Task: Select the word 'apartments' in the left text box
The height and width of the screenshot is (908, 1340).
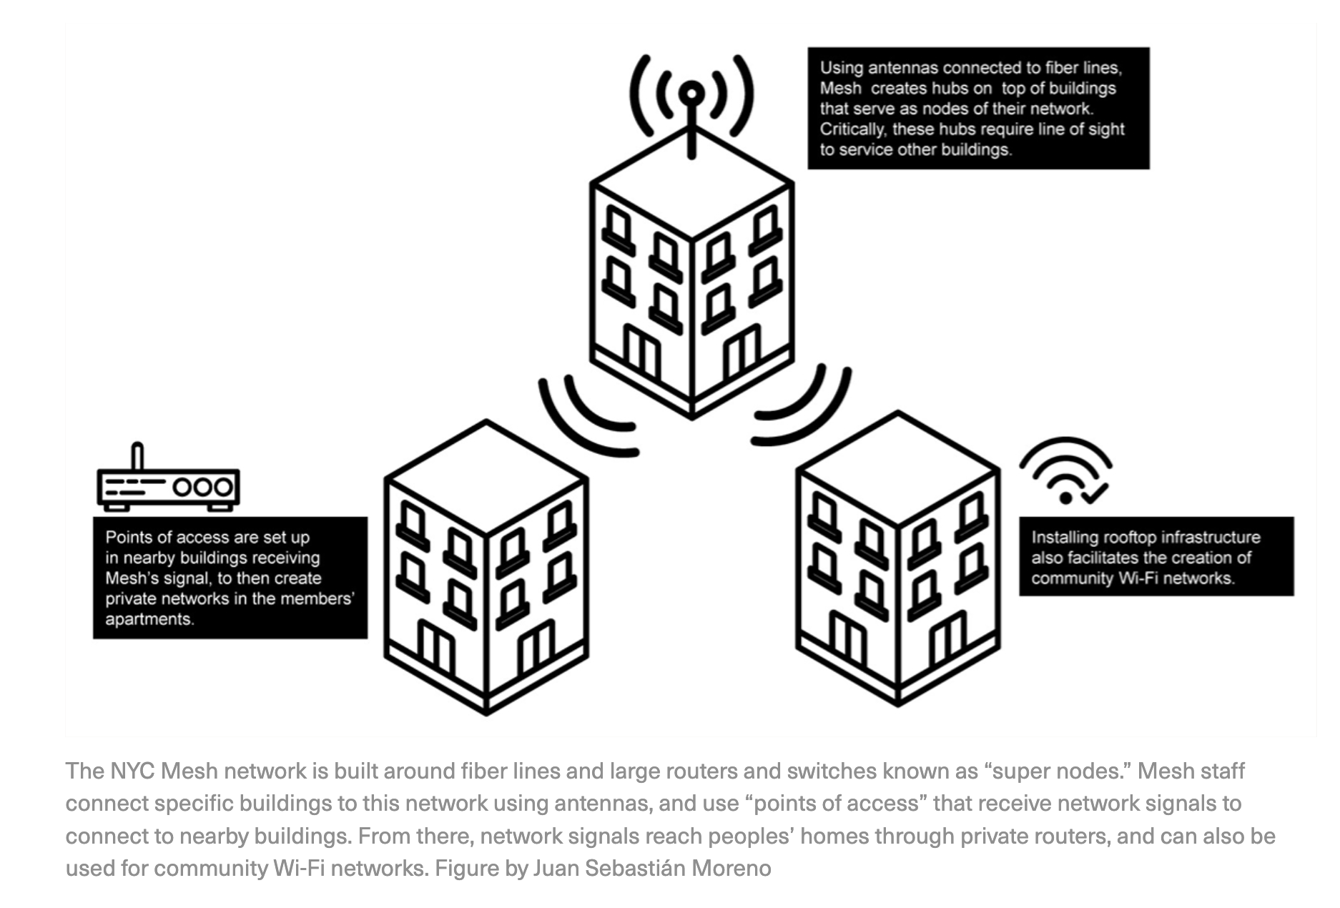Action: click(x=149, y=619)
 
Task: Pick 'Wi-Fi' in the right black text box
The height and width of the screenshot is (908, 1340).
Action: click(x=1139, y=578)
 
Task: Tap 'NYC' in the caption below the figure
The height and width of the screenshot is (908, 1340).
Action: click(x=132, y=771)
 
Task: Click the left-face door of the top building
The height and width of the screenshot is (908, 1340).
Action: click(x=641, y=350)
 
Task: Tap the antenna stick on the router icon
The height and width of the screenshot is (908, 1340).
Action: click(x=137, y=455)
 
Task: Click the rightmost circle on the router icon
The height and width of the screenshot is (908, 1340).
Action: click(x=224, y=488)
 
